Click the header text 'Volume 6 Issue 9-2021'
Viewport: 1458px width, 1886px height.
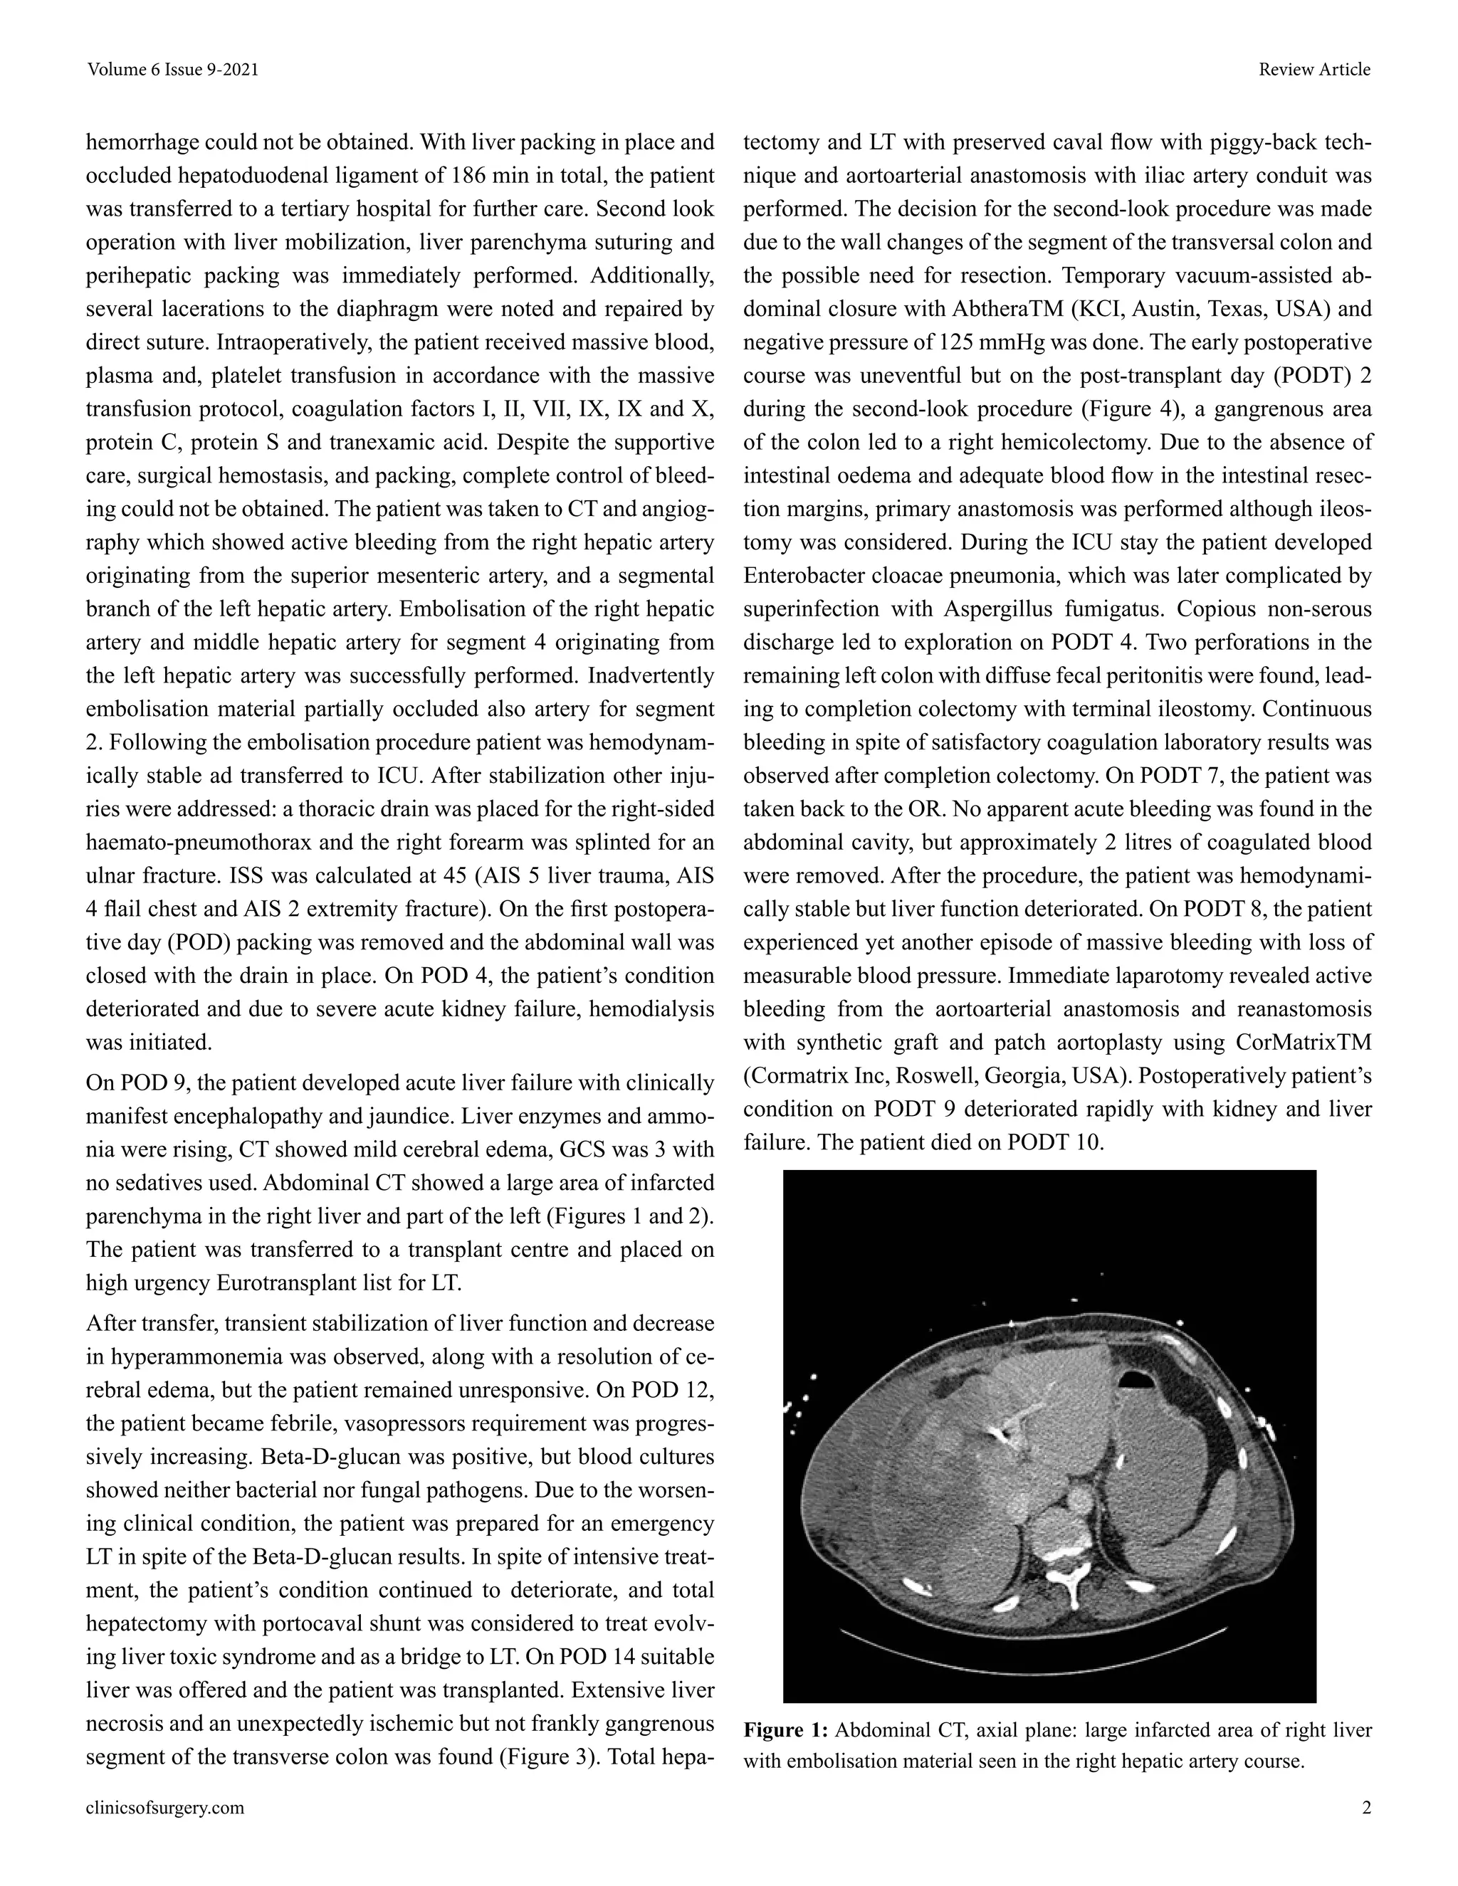coord(173,70)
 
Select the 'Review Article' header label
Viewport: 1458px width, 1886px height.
coord(1313,70)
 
